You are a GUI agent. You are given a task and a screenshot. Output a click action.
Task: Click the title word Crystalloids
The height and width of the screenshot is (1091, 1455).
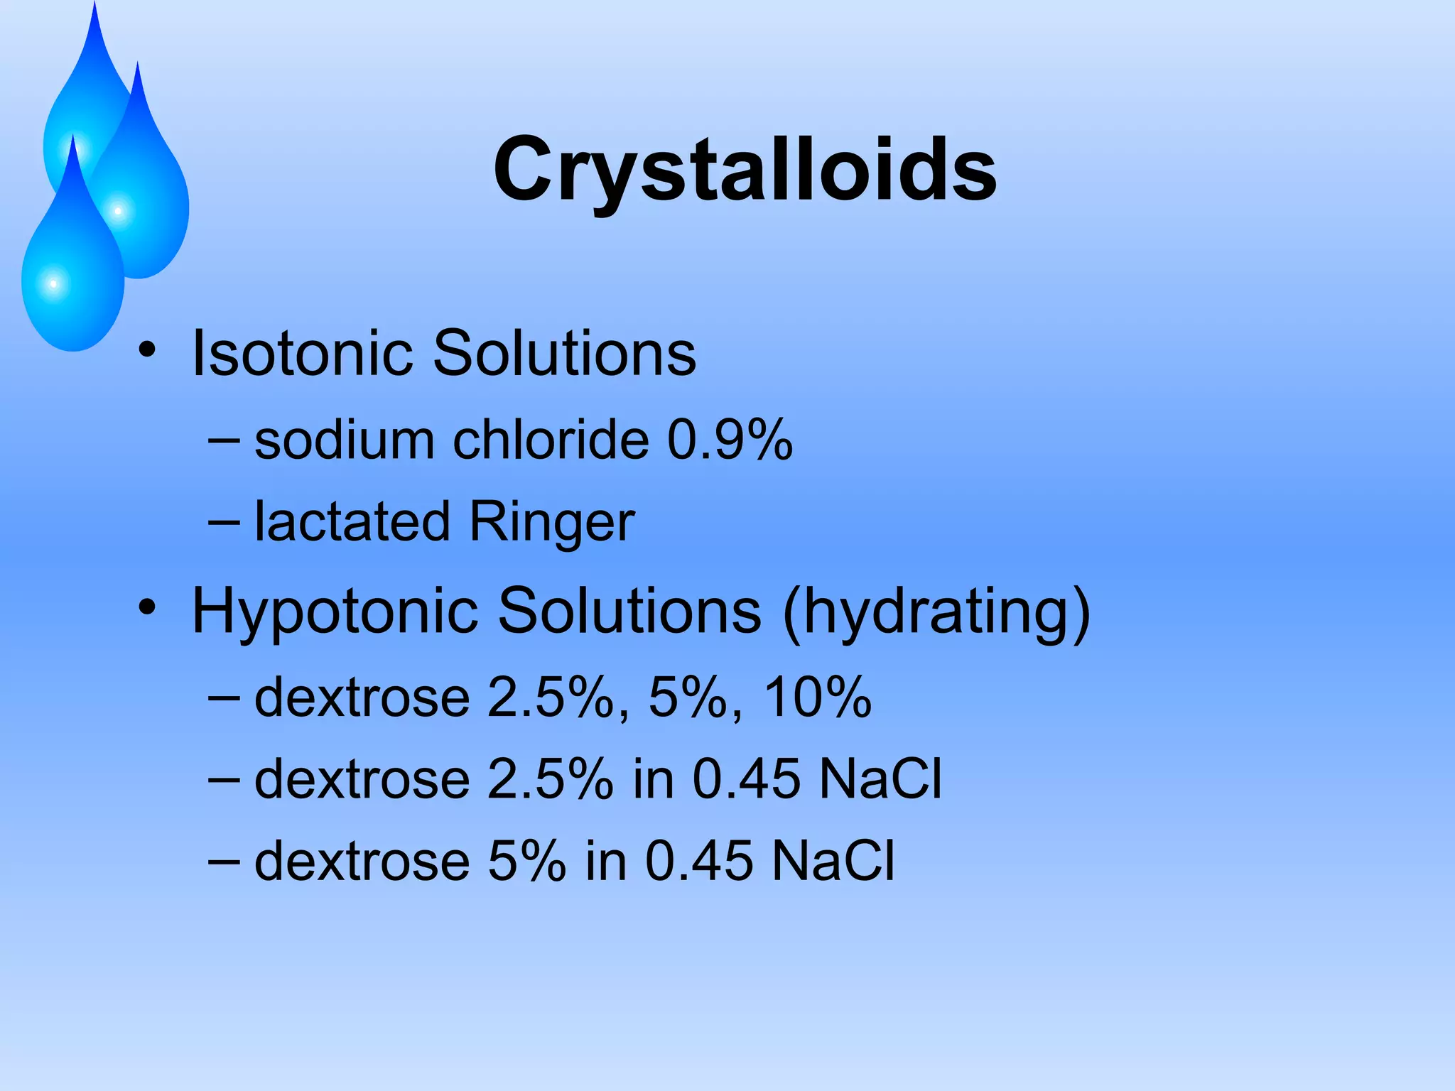point(745,170)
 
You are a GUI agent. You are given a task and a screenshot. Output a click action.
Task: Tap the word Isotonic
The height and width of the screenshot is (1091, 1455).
point(303,353)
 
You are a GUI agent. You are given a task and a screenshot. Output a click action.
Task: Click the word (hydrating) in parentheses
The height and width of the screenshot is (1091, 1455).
point(936,612)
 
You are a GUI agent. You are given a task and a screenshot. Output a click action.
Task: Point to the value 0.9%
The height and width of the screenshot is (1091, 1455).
point(730,440)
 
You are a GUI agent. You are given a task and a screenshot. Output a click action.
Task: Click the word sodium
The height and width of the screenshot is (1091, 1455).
point(345,440)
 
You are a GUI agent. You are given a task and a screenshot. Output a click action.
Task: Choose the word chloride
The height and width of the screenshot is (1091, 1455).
point(551,440)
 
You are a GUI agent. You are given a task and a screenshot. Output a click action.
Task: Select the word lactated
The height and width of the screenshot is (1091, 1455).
point(352,521)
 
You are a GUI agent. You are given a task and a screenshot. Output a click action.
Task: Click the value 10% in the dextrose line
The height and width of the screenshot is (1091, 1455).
point(818,698)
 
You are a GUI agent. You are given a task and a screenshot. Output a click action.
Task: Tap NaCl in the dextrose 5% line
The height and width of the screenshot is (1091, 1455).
point(833,861)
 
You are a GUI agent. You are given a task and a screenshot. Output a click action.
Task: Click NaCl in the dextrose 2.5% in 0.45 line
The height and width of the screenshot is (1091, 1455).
point(880,779)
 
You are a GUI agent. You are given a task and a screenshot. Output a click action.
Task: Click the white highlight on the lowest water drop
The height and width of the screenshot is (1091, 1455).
point(53,284)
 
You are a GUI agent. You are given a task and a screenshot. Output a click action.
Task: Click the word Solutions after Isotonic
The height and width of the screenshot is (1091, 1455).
point(565,353)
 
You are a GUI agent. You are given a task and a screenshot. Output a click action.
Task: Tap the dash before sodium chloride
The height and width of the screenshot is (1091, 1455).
point(224,441)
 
